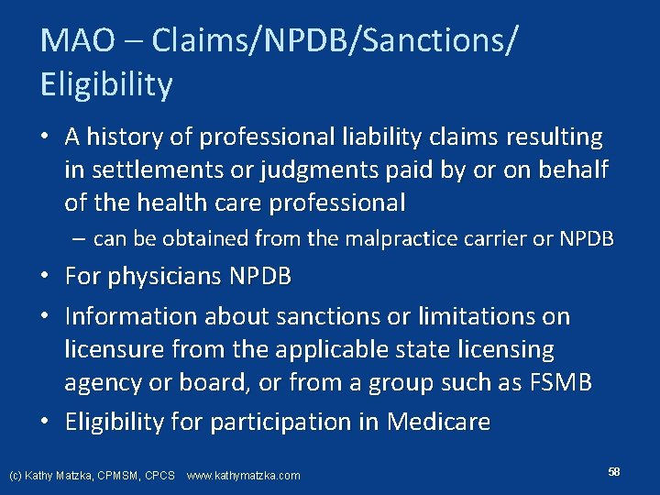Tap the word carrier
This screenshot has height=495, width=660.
tap(533, 239)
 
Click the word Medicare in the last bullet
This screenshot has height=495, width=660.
tap(438, 422)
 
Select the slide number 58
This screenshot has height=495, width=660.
tap(614, 471)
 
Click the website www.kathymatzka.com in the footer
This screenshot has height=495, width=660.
tap(243, 476)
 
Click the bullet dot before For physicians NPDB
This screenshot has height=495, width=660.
tap(46, 275)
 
